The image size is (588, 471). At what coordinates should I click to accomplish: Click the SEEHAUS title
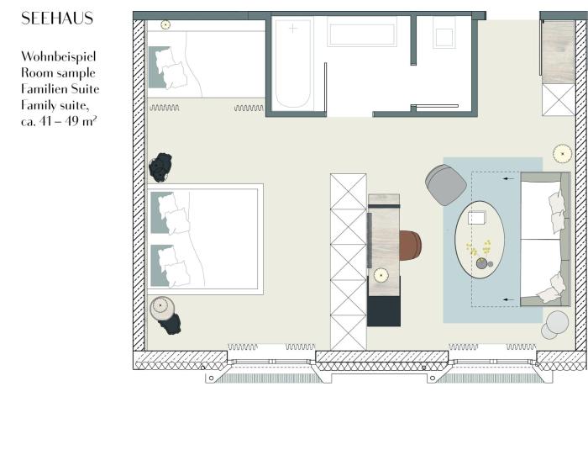pyautogui.click(x=57, y=19)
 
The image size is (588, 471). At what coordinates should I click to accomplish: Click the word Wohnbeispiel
pyautogui.click(x=59, y=56)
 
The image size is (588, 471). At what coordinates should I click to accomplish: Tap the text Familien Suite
pyautogui.click(x=60, y=89)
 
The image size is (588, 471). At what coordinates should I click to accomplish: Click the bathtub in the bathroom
pyautogui.click(x=293, y=63)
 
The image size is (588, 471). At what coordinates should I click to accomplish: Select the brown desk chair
pyautogui.click(x=410, y=246)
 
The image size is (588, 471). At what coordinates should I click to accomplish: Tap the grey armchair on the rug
pyautogui.click(x=445, y=185)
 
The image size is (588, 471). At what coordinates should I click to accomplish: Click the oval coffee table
pyautogui.click(x=480, y=240)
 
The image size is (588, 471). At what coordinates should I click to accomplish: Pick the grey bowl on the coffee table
pyautogui.click(x=482, y=263)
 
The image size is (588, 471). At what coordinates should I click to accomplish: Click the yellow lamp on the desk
pyautogui.click(x=381, y=275)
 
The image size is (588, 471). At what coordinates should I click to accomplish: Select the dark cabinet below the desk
pyautogui.click(x=384, y=311)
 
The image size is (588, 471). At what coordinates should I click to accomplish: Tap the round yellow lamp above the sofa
pyautogui.click(x=562, y=154)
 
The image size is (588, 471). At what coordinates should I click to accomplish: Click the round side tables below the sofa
pyautogui.click(x=555, y=325)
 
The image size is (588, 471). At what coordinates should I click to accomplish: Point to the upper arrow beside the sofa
pyautogui.click(x=508, y=179)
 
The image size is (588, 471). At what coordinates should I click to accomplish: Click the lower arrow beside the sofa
pyautogui.click(x=508, y=299)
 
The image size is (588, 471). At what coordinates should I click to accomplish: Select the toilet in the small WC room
pyautogui.click(x=444, y=34)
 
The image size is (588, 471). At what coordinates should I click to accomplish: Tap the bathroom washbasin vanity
pyautogui.click(x=362, y=32)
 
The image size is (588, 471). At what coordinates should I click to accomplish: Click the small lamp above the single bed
pyautogui.click(x=165, y=24)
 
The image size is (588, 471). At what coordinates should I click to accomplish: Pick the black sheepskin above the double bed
pyautogui.click(x=160, y=167)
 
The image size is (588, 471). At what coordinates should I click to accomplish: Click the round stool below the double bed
pyautogui.click(x=162, y=309)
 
